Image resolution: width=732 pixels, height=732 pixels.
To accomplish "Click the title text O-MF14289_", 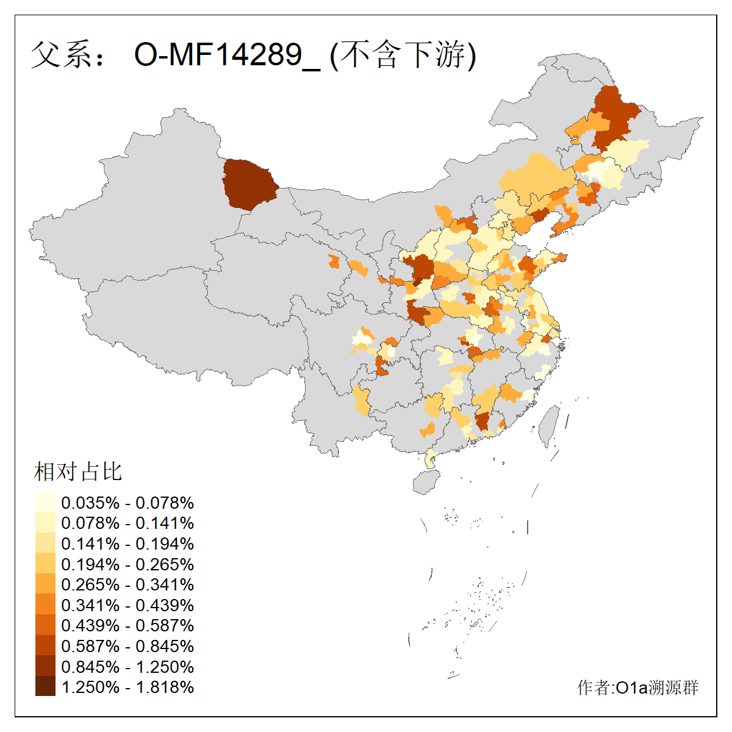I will point(226,55).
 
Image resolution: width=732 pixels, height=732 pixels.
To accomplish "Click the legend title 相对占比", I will point(78,472).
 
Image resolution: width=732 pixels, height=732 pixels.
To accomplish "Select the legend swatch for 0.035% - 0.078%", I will point(45,503).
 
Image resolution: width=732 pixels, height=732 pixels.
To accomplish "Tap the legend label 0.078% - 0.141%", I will point(127,523).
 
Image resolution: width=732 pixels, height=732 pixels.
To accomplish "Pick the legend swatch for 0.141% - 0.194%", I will point(45,544).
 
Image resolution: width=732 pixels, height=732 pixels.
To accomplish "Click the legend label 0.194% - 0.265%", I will point(127,564).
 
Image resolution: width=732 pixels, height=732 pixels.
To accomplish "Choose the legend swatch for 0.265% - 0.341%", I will point(45,584).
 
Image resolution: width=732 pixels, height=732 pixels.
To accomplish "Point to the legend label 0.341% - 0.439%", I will point(127,605).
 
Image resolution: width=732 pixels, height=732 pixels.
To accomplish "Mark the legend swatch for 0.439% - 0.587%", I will point(45,625).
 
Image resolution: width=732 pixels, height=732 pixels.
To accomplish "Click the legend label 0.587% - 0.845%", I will point(127,646).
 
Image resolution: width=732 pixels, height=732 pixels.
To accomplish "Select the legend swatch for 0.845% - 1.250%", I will point(45,666).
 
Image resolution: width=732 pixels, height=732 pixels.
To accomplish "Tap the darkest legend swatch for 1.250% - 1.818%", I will point(45,687).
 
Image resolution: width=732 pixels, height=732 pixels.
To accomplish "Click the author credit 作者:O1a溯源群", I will point(637,688).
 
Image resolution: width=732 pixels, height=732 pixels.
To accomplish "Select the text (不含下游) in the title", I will point(403,55).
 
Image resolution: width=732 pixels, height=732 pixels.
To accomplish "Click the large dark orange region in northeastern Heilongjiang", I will point(613,116).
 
